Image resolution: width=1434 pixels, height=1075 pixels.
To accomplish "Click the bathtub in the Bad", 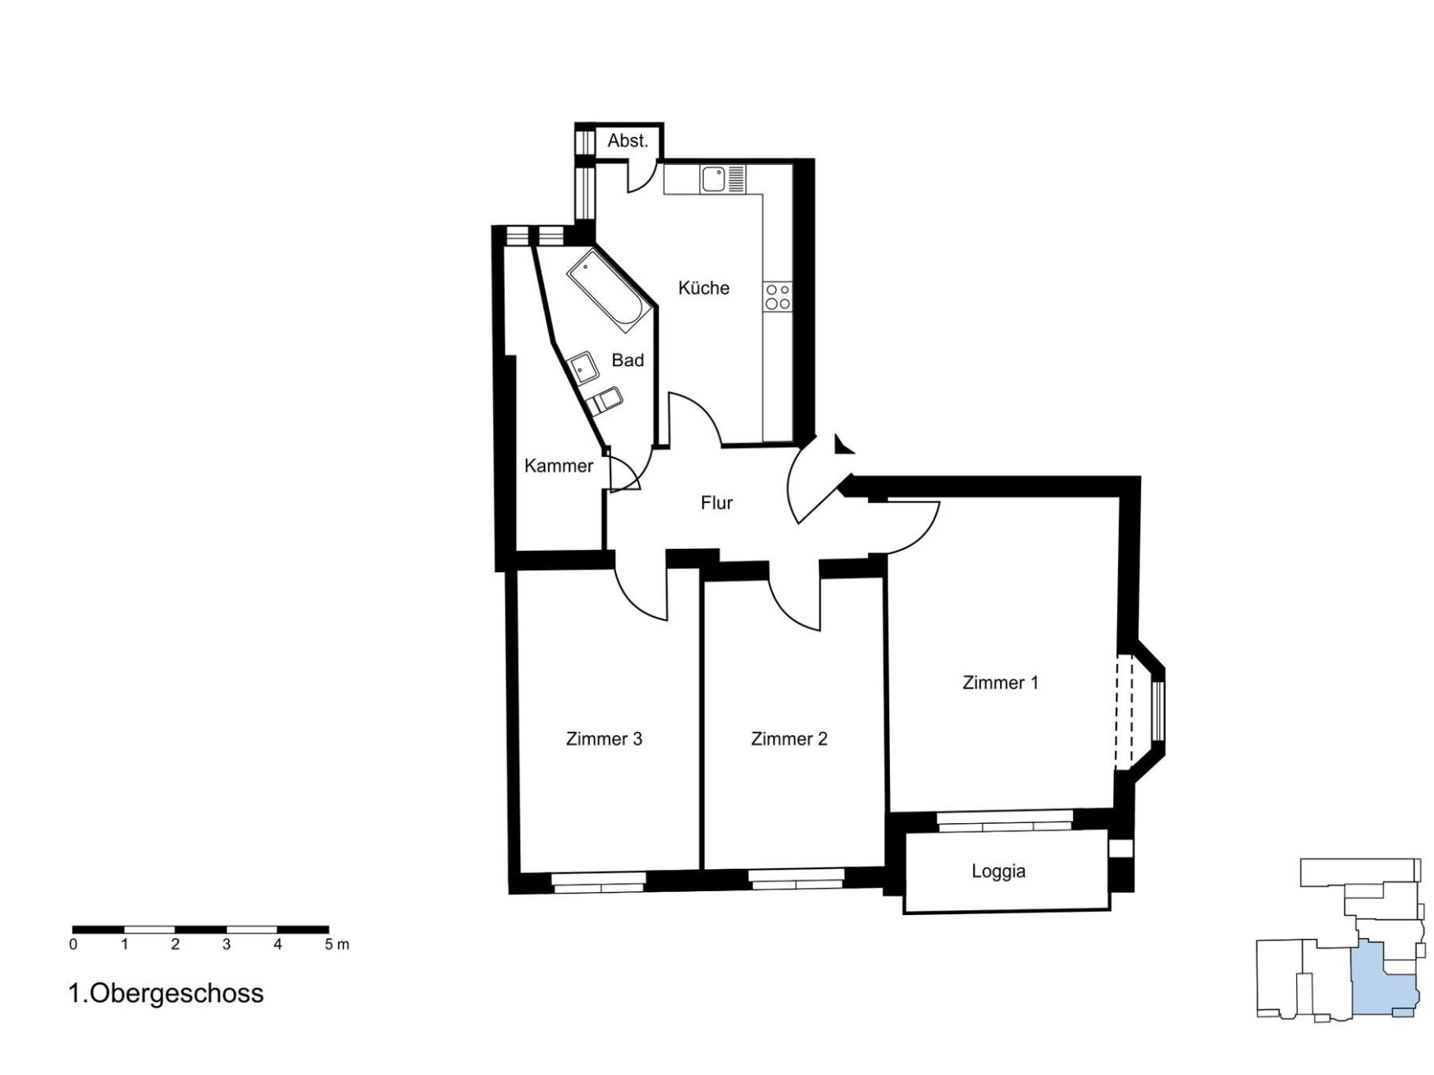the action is click(x=610, y=290).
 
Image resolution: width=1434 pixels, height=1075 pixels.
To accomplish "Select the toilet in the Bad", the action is click(x=605, y=400).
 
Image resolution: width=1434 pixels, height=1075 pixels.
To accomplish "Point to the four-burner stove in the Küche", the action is click(x=777, y=296).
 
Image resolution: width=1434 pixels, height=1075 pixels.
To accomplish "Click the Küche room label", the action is click(x=703, y=287).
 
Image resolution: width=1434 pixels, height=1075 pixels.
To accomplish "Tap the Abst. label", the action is click(x=628, y=141).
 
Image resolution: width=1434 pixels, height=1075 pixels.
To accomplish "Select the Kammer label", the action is click(x=559, y=465).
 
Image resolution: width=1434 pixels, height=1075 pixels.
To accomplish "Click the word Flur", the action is click(x=716, y=502).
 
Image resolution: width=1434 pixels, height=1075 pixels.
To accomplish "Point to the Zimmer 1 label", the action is click(x=1000, y=682).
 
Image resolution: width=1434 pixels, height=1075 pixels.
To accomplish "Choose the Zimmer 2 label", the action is click(x=789, y=739).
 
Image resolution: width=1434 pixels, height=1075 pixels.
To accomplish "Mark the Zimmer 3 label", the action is click(x=604, y=739).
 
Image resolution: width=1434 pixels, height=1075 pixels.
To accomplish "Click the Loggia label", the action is click(x=998, y=871).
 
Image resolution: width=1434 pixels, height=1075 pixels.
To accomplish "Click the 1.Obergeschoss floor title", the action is click(x=167, y=993).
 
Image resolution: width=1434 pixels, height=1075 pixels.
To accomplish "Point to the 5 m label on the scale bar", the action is click(x=336, y=945).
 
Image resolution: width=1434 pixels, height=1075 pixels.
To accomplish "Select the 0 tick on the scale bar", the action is click(x=73, y=945).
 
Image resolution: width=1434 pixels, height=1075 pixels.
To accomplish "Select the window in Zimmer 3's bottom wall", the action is click(x=598, y=882).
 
